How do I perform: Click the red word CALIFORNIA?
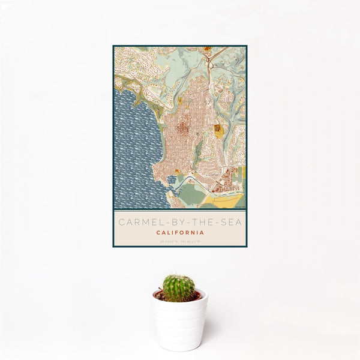180,232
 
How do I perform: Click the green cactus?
179,287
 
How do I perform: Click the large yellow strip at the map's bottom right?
228,200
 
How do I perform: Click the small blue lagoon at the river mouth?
173,179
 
